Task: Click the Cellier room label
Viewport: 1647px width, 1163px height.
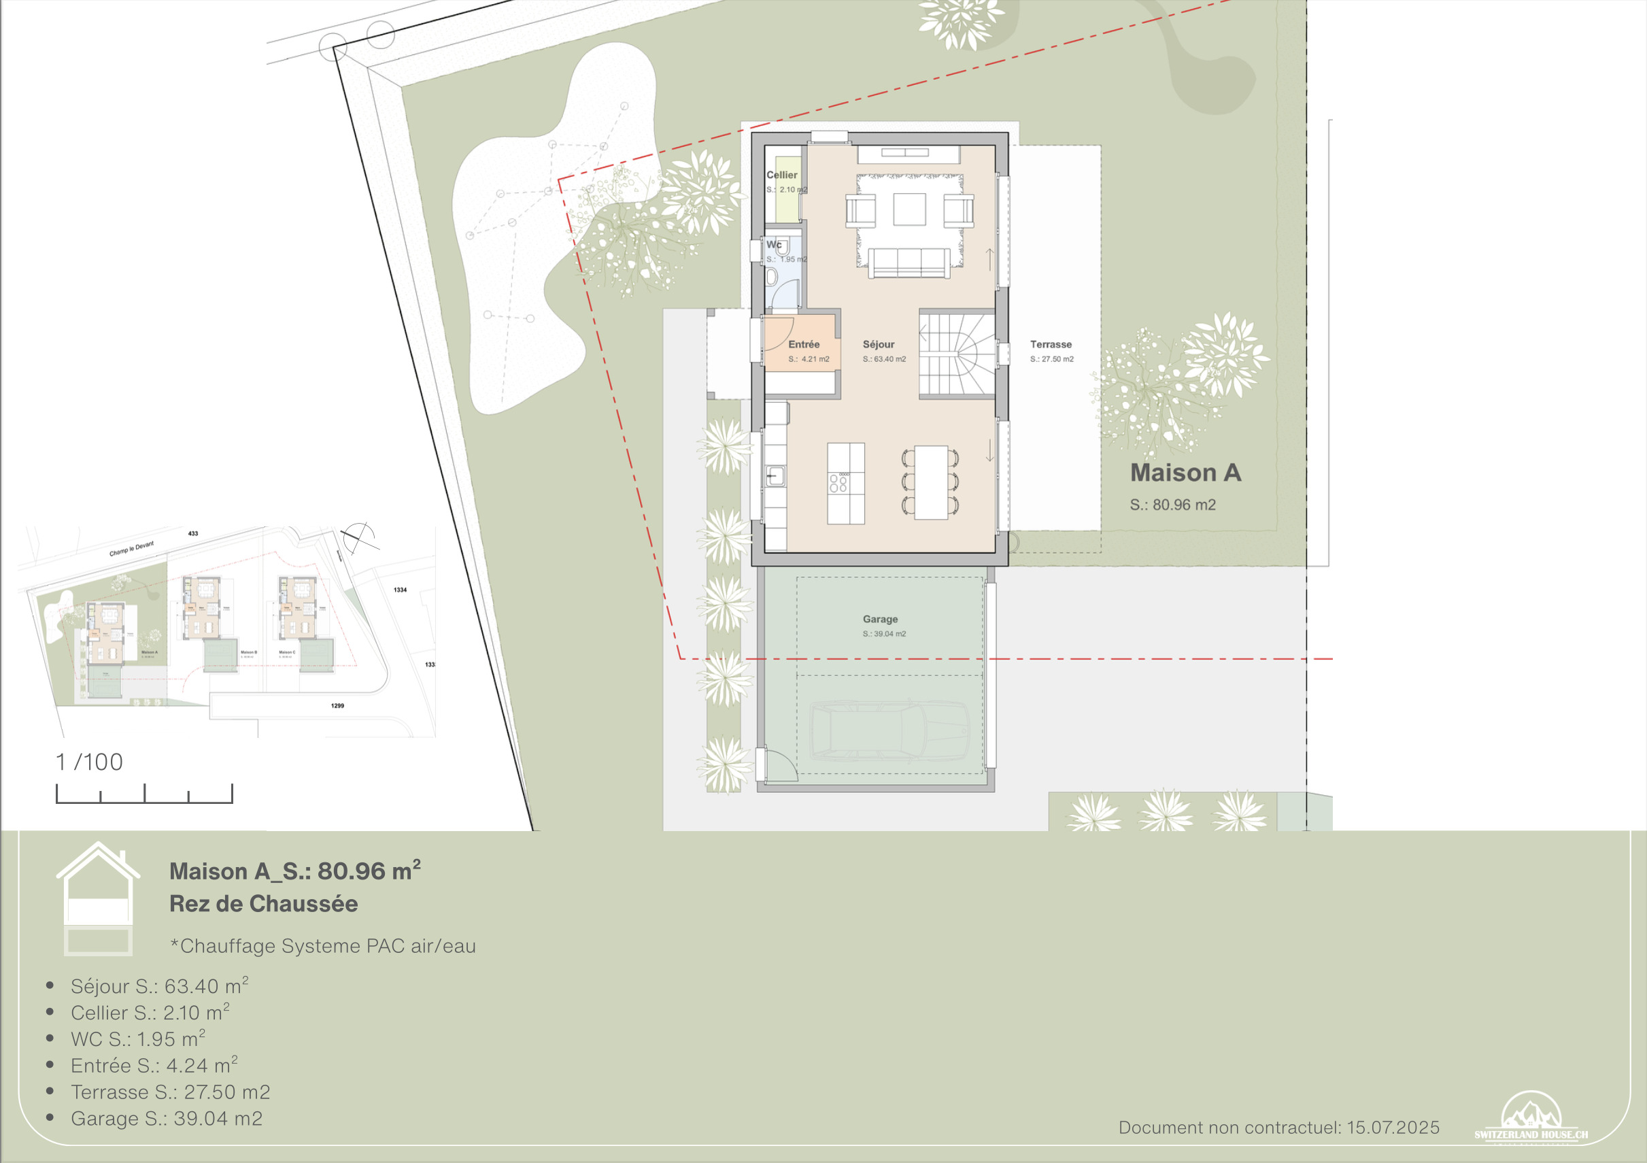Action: tap(781, 175)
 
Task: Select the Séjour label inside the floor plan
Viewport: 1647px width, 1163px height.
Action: tap(878, 344)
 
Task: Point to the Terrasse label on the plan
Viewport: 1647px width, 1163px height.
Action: tap(1051, 344)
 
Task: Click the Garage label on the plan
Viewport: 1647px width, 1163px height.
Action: tap(880, 619)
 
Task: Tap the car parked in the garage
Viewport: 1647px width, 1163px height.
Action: tap(889, 730)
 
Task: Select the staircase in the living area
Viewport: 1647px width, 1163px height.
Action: tap(957, 353)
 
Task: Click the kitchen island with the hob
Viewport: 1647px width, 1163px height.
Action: tap(846, 484)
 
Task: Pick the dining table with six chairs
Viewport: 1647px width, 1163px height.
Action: tap(931, 482)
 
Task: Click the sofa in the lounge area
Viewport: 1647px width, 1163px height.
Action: tap(909, 263)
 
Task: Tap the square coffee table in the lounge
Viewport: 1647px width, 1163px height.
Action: tap(909, 209)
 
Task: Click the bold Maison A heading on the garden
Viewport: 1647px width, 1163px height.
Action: tap(1185, 473)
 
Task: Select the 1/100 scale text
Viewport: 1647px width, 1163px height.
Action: tap(90, 762)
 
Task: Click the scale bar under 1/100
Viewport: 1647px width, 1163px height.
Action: tap(144, 794)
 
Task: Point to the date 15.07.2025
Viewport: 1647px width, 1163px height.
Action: tap(1393, 1127)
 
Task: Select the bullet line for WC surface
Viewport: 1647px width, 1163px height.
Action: tap(138, 1039)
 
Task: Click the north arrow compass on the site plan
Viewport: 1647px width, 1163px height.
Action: tap(358, 535)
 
